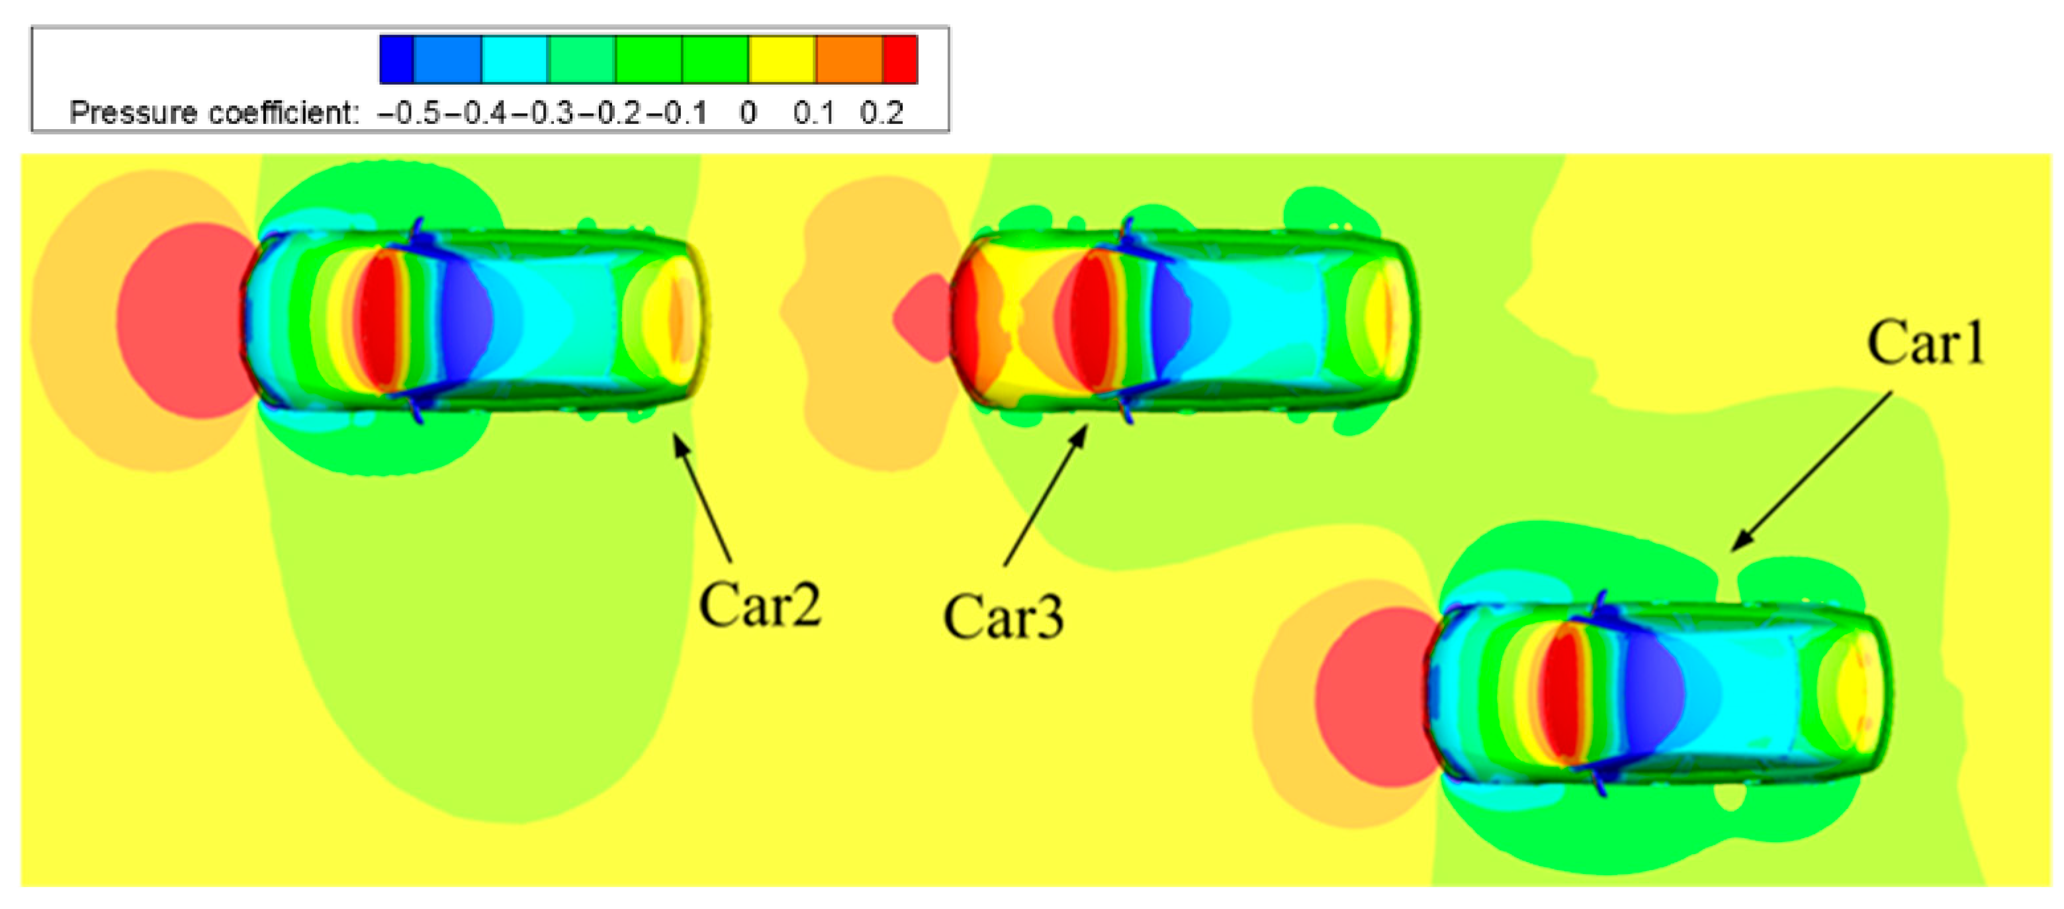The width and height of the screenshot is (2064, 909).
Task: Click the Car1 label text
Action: pos(1926,343)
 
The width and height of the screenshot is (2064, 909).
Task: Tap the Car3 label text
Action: pos(1003,616)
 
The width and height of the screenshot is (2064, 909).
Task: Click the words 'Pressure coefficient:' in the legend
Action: pos(214,113)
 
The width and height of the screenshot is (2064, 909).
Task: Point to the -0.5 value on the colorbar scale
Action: pos(410,113)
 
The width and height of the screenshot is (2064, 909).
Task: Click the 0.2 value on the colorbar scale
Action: pos(882,113)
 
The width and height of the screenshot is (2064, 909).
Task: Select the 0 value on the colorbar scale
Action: pos(748,113)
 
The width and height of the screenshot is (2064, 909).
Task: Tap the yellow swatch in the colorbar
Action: pos(782,60)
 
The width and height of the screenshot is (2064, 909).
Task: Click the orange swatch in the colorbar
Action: pos(849,60)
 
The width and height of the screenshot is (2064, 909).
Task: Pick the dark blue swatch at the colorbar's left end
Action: pos(396,60)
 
